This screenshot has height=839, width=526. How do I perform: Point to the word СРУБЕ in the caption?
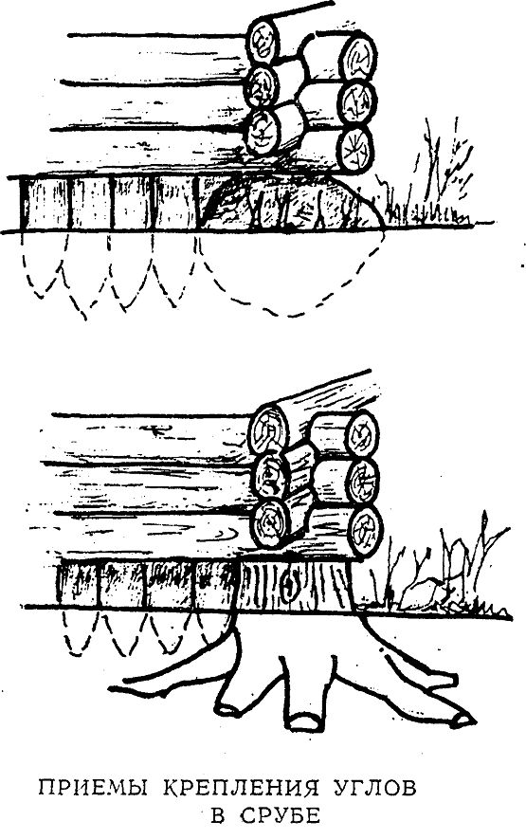pos(281,815)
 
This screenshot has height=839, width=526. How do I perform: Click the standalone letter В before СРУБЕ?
pos(218,815)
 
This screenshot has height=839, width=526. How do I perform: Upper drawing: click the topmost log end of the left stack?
pos(263,40)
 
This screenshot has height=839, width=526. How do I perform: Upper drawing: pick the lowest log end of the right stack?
pos(355,151)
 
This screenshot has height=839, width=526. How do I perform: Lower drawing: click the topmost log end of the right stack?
pos(361,433)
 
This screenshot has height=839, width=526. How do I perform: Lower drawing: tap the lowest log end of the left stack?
pos(271,524)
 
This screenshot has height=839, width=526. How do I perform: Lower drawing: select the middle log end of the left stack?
pos(271,474)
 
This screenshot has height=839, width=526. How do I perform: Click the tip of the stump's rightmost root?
pos(464,720)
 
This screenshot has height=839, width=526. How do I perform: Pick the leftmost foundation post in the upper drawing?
pos(45,204)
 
